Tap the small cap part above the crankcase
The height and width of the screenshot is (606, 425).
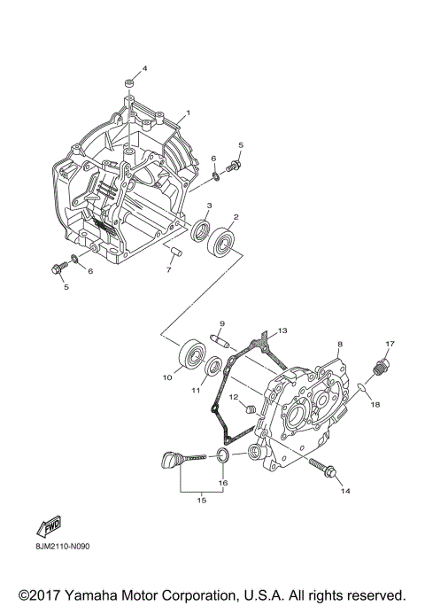[x=129, y=84]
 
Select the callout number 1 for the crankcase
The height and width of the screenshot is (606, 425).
[x=187, y=113]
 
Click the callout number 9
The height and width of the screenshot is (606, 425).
[x=222, y=324]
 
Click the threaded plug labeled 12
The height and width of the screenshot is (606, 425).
[x=250, y=409]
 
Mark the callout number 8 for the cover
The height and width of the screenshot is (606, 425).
[x=338, y=343]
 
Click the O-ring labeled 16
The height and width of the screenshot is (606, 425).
[x=223, y=455]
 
